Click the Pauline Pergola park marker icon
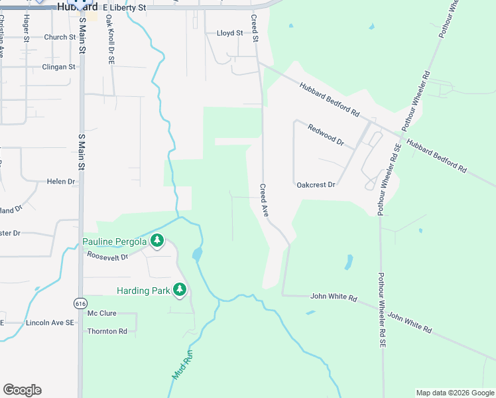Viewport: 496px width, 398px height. pyautogui.click(x=157, y=241)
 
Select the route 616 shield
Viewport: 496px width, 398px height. pyautogui.click(x=80, y=303)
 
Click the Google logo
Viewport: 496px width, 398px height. pyautogui.click(x=22, y=390)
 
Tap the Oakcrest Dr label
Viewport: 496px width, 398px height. pyautogui.click(x=316, y=185)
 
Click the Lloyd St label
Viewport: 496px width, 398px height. pyautogui.click(x=230, y=33)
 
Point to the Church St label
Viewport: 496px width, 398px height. pyautogui.click(x=60, y=37)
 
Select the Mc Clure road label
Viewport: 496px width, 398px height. pyautogui.click(x=101, y=313)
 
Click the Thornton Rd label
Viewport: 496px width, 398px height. pyautogui.click(x=107, y=331)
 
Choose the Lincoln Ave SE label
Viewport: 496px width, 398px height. pyautogui.click(x=50, y=322)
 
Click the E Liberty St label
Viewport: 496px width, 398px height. pyautogui.click(x=124, y=7)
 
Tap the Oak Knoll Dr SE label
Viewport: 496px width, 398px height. pyautogui.click(x=111, y=46)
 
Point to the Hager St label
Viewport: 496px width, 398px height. pyautogui.click(x=27, y=30)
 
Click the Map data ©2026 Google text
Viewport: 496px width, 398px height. pyautogui.click(x=454, y=393)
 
